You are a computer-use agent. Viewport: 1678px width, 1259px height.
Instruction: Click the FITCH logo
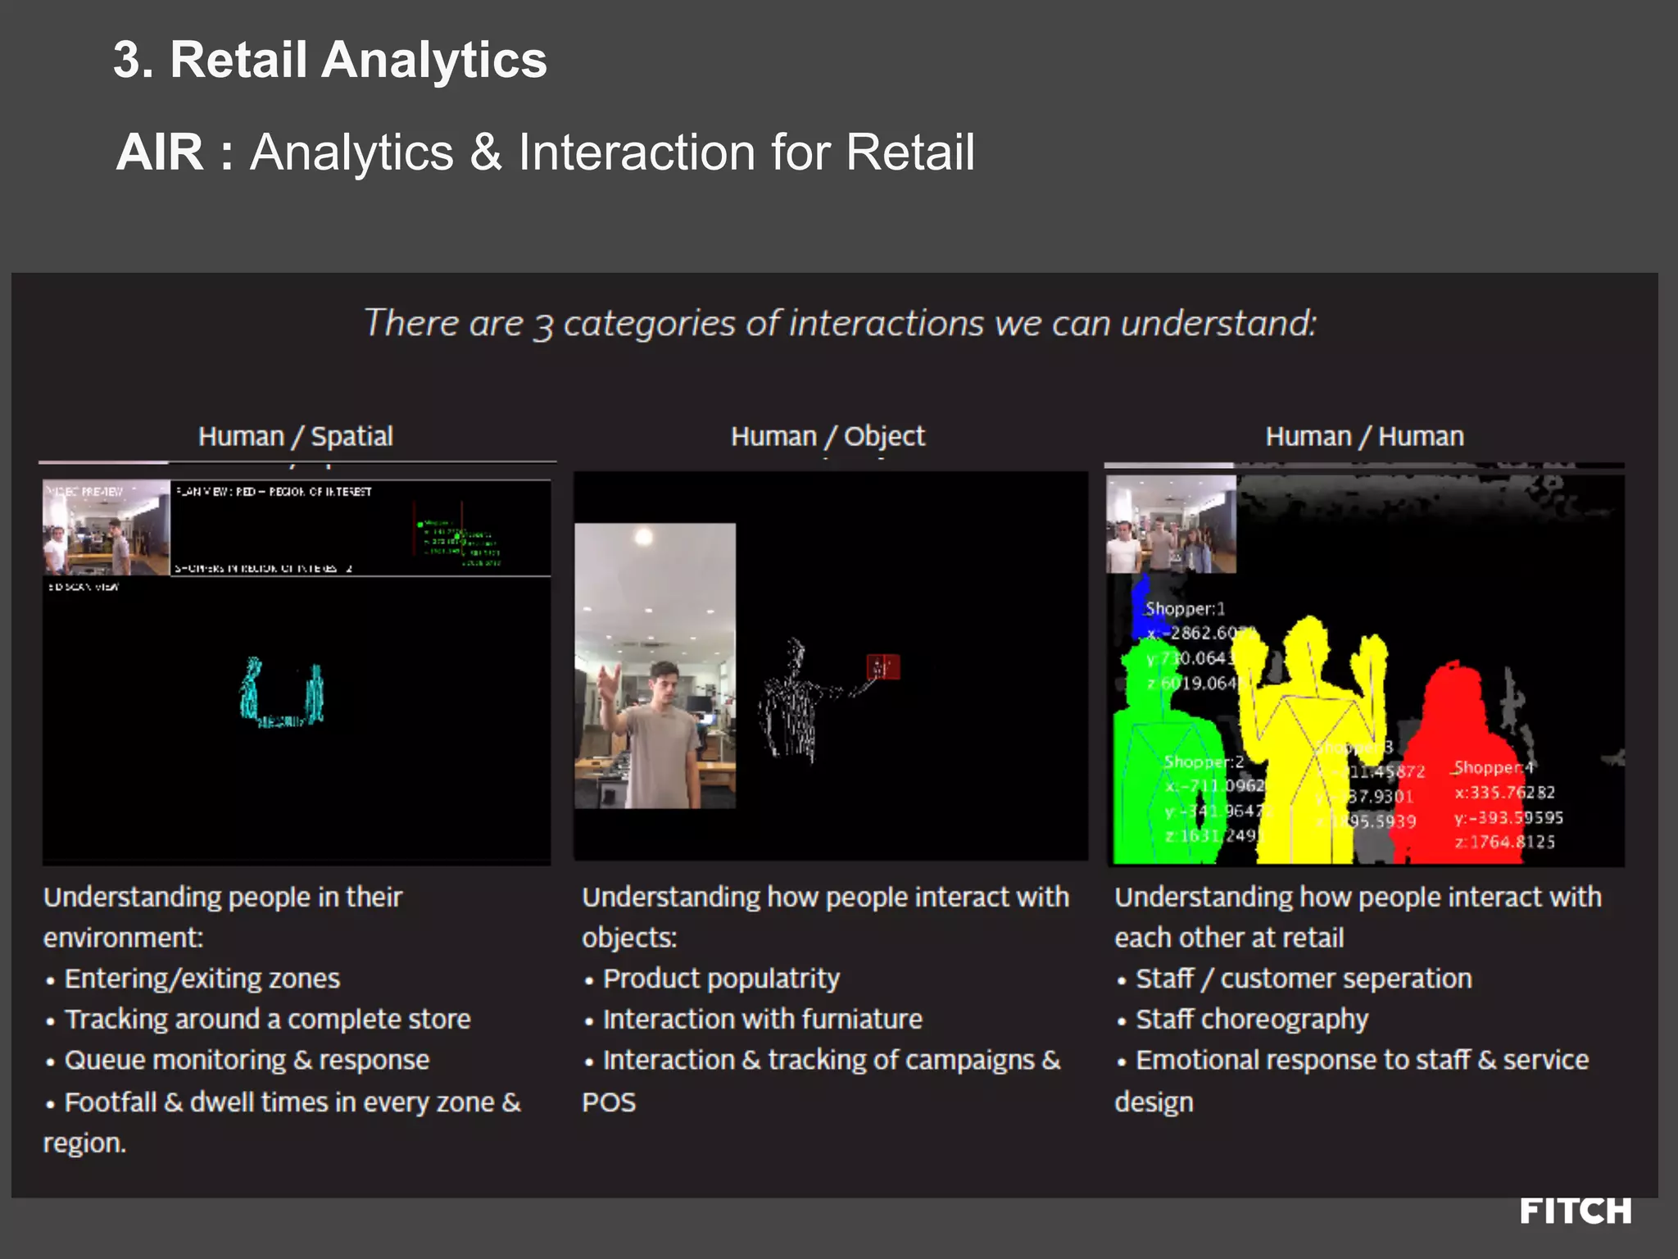(1575, 1211)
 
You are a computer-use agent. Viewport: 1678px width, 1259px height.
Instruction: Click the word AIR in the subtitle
(160, 152)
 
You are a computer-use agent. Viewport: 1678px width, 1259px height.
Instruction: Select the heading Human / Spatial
(295, 436)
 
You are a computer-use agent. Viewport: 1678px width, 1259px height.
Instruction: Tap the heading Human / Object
(828, 436)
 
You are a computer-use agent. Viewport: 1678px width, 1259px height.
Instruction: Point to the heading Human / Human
(1364, 436)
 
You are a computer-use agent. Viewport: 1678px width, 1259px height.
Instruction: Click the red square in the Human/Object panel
(882, 666)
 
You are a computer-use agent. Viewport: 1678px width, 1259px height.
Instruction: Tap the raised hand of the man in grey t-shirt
(609, 684)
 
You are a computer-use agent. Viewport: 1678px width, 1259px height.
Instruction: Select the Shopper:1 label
(1184, 608)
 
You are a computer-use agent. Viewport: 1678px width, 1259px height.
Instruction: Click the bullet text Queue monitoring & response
(247, 1060)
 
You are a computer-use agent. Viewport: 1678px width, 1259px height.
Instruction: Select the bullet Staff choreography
(1251, 1019)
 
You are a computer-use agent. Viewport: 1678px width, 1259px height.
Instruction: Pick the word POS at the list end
(609, 1102)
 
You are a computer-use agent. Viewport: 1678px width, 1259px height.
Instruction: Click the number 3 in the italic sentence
(542, 326)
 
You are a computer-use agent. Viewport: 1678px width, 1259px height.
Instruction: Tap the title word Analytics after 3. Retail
(433, 60)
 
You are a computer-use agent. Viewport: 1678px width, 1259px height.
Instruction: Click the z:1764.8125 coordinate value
(1504, 842)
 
